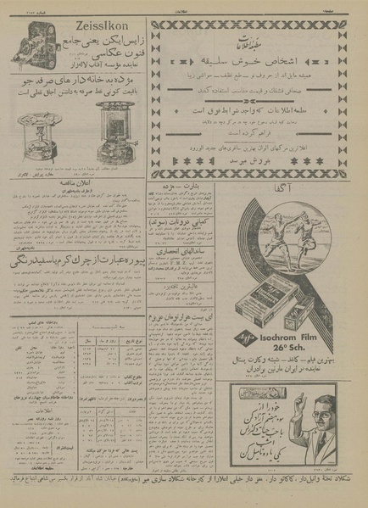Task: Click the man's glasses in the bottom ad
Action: [x=326, y=423]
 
